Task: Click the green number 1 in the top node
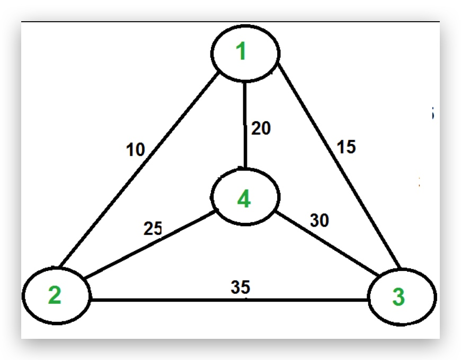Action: (242, 52)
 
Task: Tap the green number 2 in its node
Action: (55, 295)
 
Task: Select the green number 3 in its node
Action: (398, 298)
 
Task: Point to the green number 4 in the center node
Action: (243, 200)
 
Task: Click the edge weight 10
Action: (136, 150)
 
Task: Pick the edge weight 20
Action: (261, 129)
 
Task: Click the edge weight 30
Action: (320, 220)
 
